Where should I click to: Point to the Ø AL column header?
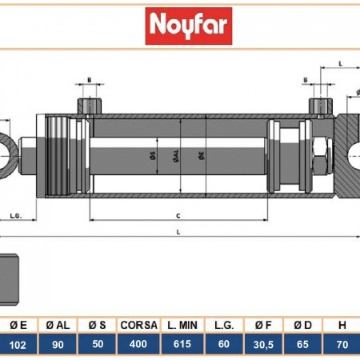pyautogui.click(x=58, y=325)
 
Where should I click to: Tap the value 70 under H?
pyautogui.click(x=342, y=346)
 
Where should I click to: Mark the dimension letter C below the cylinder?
pyautogui.click(x=177, y=214)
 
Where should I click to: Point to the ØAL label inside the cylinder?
pyautogui.click(x=174, y=158)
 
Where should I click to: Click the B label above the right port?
pyautogui.click(x=306, y=80)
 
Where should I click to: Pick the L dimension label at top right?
pyautogui.click(x=340, y=62)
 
